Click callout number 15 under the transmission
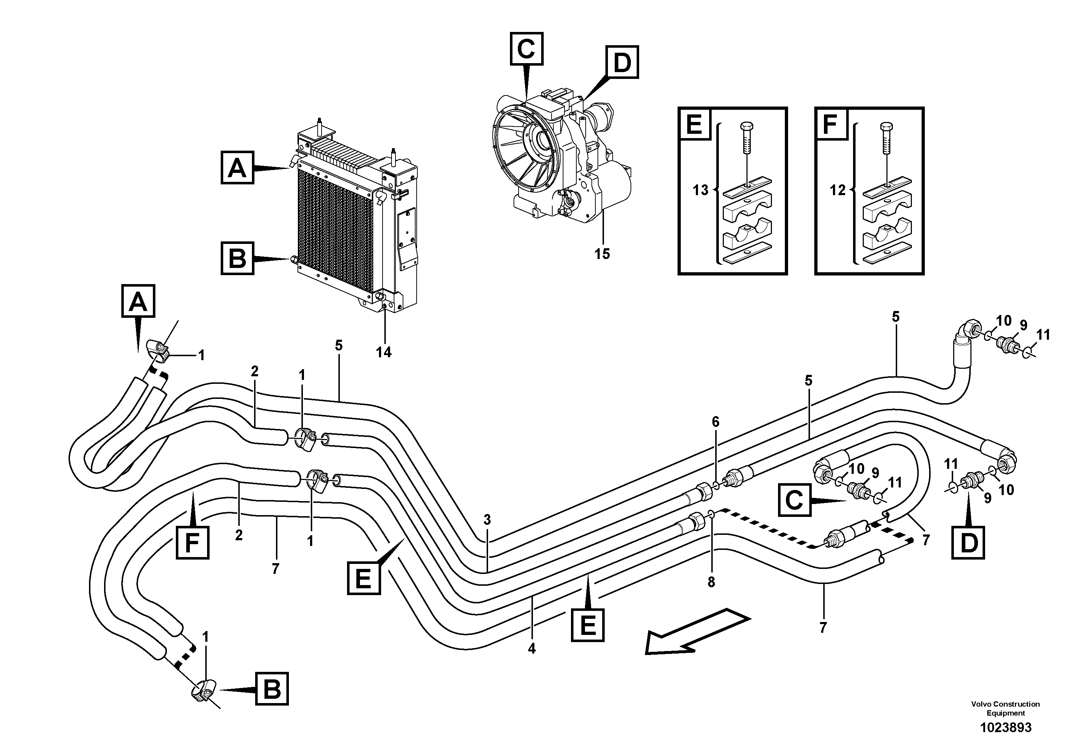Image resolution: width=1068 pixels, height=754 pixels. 602,254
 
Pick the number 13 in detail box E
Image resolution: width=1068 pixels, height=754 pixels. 700,190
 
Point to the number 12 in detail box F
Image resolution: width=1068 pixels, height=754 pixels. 837,190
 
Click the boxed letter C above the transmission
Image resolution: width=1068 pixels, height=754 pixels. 526,49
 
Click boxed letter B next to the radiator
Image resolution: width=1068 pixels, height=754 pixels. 237,258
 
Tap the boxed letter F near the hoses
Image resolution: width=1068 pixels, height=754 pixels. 192,542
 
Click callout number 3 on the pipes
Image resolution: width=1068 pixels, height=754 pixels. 487,520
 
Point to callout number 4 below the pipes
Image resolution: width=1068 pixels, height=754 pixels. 532,649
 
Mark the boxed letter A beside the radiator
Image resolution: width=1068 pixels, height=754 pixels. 237,168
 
